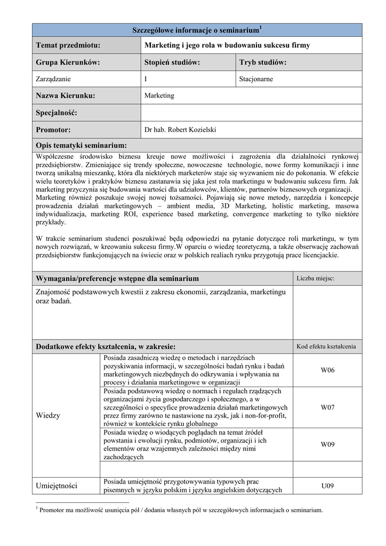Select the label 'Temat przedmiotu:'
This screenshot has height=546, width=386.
coord(68,45)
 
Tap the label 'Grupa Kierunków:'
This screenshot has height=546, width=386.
coord(68,62)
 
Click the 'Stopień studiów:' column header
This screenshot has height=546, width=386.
coord(172,62)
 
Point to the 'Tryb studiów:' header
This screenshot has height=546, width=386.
coord(263,62)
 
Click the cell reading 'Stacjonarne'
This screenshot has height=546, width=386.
coord(256,79)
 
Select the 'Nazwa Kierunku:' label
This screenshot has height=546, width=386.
coord(65,96)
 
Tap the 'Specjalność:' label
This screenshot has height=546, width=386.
coord(57,113)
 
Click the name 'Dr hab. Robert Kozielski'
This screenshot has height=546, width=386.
coord(180,130)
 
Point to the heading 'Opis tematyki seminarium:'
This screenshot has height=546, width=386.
coord(81,146)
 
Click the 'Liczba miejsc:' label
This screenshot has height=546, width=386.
coord(316,278)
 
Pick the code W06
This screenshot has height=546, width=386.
coord(327,370)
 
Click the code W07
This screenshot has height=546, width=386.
coord(327,407)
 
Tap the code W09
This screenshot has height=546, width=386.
coord(327,444)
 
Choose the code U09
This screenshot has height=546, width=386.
coord(327,486)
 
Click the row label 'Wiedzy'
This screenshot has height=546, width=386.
coord(48,415)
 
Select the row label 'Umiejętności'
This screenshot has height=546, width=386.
coord(57,486)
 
